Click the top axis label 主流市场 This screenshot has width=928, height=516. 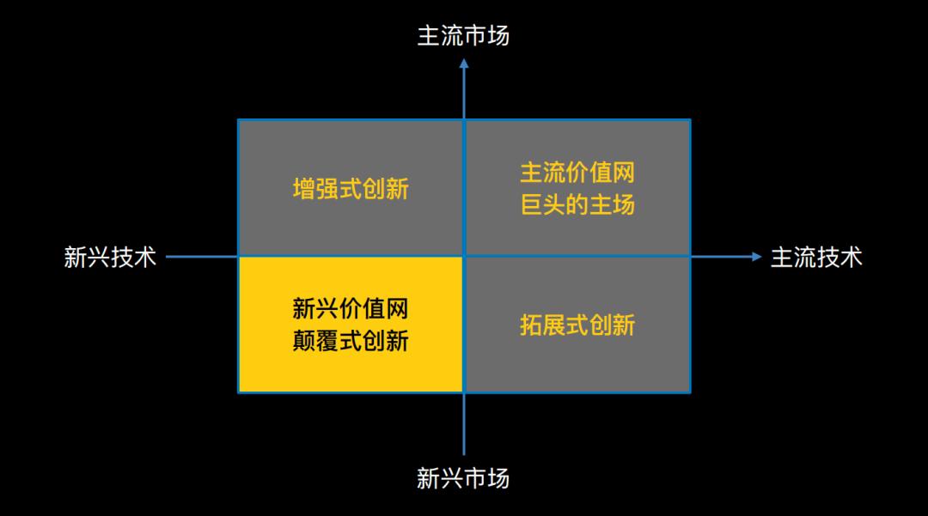463,35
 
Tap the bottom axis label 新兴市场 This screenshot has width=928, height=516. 463,478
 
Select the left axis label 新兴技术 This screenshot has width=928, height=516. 110,257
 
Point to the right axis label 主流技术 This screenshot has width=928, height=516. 817,257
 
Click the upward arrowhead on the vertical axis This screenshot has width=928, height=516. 464,64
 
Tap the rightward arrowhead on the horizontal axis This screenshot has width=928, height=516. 756,257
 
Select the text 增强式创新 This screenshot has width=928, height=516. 351,189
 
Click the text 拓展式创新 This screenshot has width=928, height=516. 577,325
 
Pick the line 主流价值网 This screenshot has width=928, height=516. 577,173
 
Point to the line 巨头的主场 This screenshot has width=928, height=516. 577,204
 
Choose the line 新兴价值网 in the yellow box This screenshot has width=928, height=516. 351,308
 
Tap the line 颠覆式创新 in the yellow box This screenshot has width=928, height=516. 351,341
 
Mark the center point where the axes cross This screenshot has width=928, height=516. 464,257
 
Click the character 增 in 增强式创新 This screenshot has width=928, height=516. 304,189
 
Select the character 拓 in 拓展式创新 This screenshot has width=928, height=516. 531,325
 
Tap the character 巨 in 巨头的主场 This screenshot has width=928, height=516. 531,204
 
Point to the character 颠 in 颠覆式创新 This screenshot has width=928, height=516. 303,341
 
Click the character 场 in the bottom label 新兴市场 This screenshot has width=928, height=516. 498,478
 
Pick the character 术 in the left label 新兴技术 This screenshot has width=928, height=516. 145,257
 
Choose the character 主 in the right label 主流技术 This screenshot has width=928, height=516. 782,257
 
